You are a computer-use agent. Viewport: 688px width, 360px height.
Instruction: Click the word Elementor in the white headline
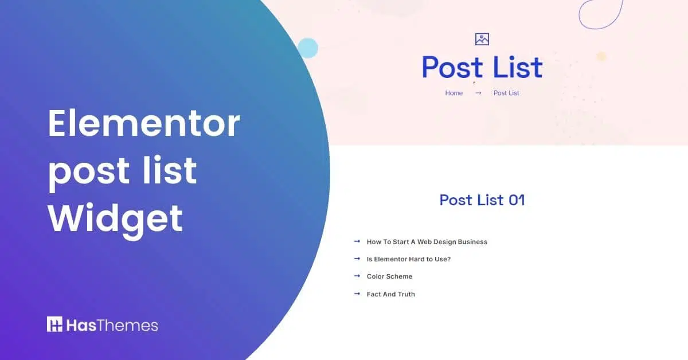143,123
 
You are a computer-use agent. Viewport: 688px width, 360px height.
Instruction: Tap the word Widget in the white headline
115,218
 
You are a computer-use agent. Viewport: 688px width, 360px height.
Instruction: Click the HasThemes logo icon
54,324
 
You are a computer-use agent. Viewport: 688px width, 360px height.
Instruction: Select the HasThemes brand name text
112,325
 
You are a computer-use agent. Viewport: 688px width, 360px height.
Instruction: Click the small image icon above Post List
482,39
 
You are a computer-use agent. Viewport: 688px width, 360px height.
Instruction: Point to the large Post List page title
482,68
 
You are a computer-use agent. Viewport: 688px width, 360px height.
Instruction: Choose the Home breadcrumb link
454,93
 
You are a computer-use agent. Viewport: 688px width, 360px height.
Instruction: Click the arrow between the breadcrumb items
478,93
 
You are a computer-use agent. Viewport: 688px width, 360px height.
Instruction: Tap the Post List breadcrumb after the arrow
506,93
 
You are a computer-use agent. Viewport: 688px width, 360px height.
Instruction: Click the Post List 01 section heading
482,200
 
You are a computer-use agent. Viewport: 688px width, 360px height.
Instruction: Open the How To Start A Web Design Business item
427,242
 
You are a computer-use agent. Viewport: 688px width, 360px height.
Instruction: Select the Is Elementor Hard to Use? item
408,259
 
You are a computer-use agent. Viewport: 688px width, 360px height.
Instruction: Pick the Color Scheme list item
389,276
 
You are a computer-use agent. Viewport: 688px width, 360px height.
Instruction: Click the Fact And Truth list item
390,294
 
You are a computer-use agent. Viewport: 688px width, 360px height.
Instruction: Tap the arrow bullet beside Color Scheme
357,276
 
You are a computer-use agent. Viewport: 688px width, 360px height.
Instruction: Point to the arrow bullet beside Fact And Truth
357,294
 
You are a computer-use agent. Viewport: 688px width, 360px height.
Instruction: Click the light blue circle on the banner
308,48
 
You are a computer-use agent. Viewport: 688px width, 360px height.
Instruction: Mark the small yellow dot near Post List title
601,56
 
